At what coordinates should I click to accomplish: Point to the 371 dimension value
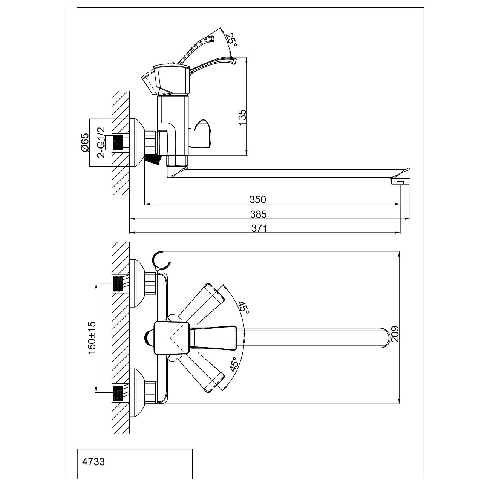click(x=259, y=228)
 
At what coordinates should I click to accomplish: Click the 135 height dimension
click(x=242, y=117)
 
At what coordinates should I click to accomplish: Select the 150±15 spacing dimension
click(x=92, y=338)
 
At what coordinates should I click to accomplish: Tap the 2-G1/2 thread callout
click(x=101, y=142)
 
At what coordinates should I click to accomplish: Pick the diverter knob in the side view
click(x=202, y=134)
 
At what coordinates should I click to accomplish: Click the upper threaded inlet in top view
click(x=118, y=283)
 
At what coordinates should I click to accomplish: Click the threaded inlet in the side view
click(x=118, y=142)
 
